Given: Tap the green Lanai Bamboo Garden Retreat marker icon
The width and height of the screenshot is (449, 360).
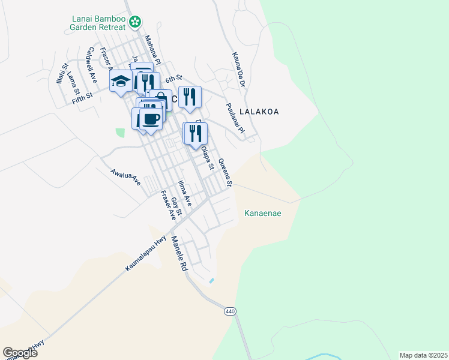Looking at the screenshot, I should (136, 22).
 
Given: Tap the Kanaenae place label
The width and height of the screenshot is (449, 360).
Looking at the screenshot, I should (263, 213).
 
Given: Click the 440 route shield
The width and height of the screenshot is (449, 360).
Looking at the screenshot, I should (231, 311).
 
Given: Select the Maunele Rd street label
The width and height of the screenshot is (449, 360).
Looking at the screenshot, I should (179, 255).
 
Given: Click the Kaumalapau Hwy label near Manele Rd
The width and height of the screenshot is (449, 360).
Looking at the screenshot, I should (146, 254).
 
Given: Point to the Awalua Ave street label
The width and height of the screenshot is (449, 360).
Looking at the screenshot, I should (125, 176).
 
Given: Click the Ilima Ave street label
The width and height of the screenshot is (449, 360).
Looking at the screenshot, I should (184, 193).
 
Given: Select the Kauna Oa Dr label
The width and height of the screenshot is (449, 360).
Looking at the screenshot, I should (239, 69).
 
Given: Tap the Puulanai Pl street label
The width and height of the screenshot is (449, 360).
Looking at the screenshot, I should (235, 118).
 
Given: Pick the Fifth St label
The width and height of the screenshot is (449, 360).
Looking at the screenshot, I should (82, 95).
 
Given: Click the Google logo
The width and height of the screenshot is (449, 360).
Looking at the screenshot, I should (20, 353).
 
